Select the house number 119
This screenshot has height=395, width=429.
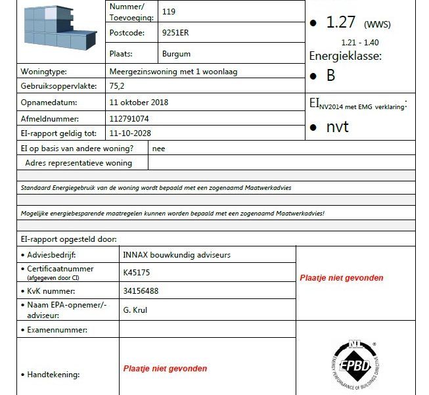[168, 12]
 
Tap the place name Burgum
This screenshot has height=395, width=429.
[176, 54]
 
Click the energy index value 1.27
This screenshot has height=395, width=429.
[340, 22]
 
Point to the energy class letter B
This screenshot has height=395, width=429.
[330, 76]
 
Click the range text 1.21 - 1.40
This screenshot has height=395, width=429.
[360, 43]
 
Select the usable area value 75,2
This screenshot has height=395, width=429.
[118, 86]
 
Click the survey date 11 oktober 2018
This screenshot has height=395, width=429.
[139, 103]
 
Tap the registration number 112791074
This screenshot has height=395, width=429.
[129, 119]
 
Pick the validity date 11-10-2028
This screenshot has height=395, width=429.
[128, 133]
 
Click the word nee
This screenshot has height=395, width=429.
[158, 149]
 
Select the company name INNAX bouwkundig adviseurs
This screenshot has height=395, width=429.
[177, 254]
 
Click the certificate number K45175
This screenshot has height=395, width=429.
[137, 272]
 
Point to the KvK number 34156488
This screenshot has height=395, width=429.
[141, 290]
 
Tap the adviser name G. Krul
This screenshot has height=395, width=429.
[136, 309]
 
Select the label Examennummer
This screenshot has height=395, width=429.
[57, 330]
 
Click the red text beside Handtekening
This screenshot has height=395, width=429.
[165, 369]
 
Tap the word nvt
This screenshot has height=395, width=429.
[337, 127]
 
